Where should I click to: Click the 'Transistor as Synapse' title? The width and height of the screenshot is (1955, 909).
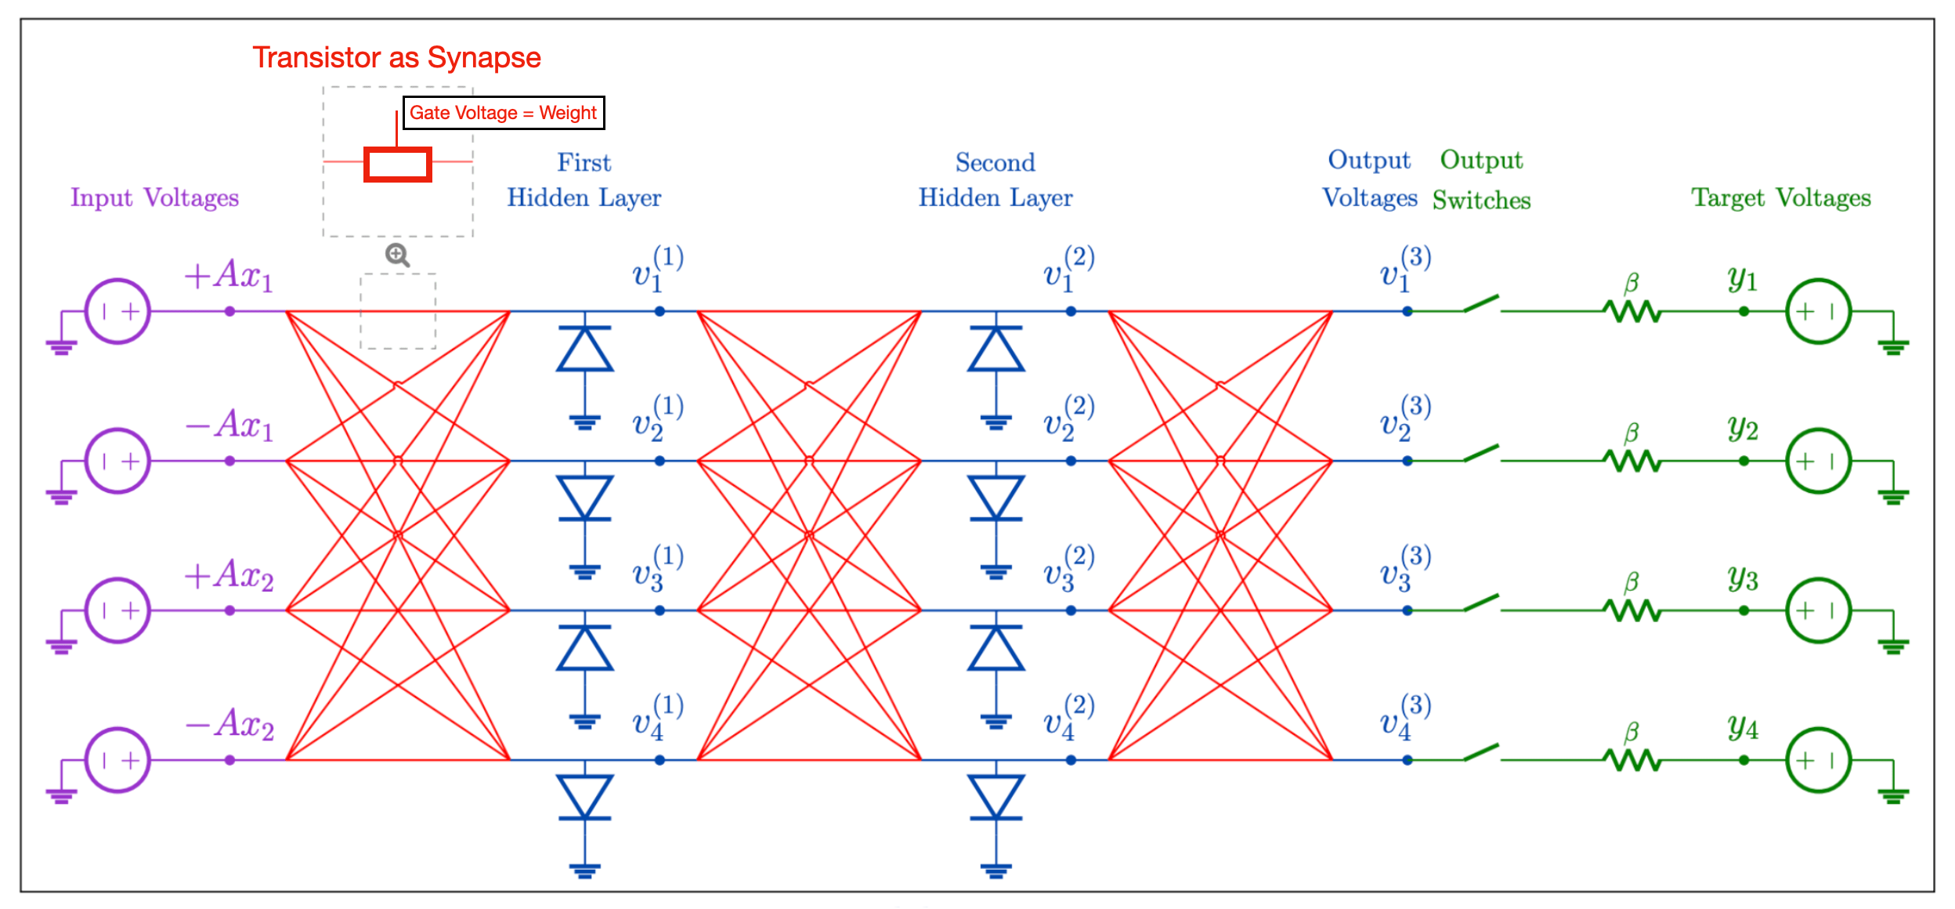(396, 57)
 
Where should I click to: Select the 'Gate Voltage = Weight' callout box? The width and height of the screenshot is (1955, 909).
(503, 113)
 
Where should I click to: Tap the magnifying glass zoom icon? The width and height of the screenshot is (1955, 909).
(397, 255)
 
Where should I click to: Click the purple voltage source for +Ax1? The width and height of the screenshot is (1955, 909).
(117, 311)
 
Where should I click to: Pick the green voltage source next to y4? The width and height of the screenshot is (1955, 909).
(1818, 759)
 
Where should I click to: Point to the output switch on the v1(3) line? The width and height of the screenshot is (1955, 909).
(1480, 304)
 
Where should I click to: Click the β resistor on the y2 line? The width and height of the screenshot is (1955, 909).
(1632, 460)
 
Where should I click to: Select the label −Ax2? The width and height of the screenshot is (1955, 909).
(229, 723)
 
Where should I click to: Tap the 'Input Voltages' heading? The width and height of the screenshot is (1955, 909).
(154, 197)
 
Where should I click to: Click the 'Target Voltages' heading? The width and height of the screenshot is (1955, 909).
(1780, 197)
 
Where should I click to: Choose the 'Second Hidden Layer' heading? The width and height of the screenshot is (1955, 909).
(995, 180)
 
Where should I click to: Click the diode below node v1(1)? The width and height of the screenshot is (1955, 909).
(584, 349)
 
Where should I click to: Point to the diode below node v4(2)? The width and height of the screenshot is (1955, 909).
(996, 798)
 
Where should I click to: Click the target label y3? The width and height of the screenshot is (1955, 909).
(1743, 578)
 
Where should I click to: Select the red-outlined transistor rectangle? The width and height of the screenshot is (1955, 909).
(398, 165)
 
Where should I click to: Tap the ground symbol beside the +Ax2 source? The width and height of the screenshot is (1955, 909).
(61, 644)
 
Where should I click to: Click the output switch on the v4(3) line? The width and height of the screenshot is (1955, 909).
(1480, 752)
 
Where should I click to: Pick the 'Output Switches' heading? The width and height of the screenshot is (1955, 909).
(1481, 180)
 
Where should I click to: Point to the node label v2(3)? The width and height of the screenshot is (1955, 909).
(1405, 418)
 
